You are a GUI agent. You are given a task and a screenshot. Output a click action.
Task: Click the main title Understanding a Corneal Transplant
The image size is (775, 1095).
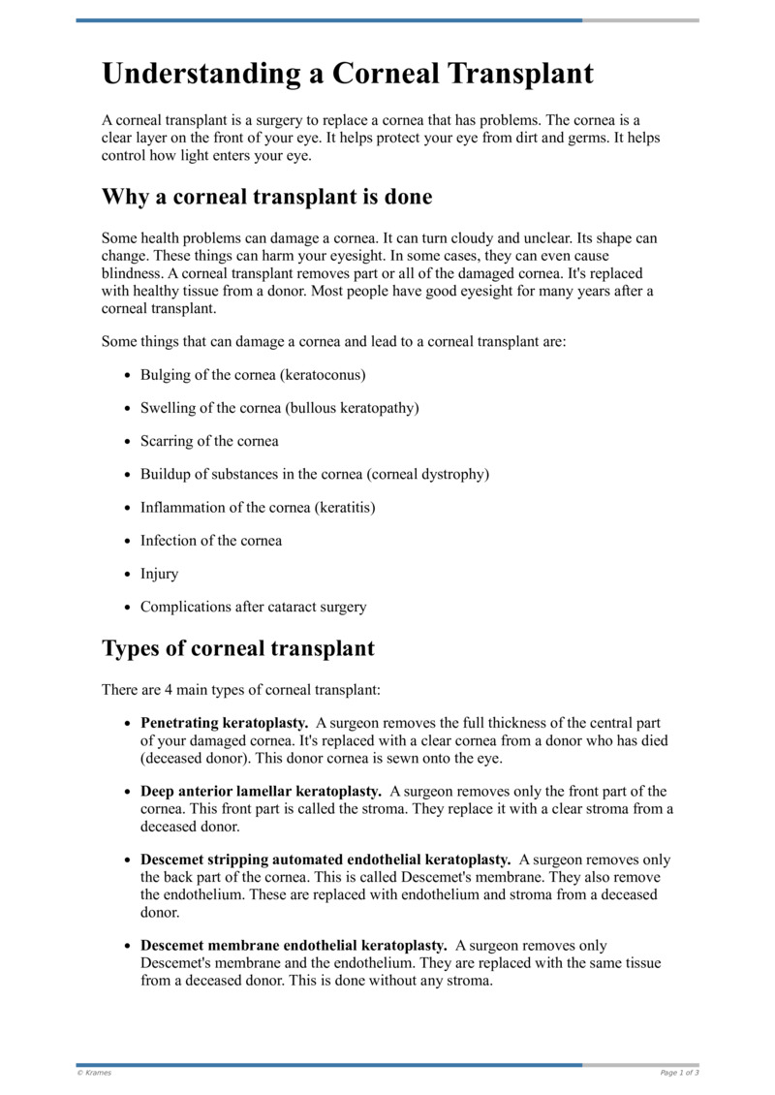click(348, 74)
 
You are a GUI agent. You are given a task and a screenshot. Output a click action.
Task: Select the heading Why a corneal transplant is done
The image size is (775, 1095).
click(266, 197)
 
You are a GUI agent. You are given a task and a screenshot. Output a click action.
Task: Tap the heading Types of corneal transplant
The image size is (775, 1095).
click(237, 647)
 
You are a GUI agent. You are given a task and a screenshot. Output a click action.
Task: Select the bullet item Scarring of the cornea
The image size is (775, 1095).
click(209, 441)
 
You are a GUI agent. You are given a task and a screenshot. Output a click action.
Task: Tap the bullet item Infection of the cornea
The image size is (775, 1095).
click(211, 541)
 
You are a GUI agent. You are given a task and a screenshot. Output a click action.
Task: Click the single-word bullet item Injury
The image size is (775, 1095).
click(160, 574)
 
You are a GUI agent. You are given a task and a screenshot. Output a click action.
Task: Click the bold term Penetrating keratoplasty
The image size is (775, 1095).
click(225, 723)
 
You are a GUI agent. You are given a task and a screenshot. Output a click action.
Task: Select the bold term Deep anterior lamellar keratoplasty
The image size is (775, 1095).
click(261, 792)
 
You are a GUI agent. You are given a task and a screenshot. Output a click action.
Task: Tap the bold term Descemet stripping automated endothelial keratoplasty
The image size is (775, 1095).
click(325, 860)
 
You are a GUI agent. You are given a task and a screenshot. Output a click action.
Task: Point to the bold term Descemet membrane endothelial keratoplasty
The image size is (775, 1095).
click(294, 945)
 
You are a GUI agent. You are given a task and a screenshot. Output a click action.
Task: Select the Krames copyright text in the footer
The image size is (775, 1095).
click(95, 1073)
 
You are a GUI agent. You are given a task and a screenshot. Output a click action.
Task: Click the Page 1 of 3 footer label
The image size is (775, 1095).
click(679, 1073)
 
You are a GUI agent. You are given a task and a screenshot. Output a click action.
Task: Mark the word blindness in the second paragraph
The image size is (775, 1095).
click(133, 274)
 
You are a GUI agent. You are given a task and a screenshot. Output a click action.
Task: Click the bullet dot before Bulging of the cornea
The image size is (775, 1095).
click(129, 375)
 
